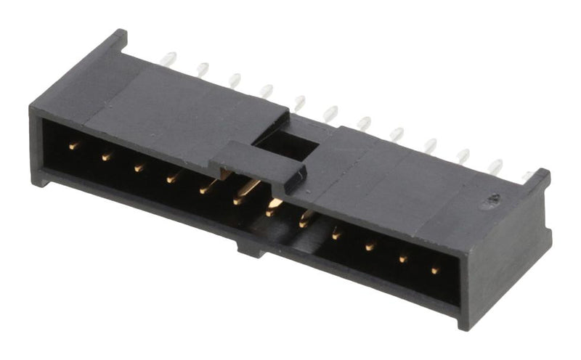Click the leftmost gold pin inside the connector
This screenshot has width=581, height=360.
coord(73,145)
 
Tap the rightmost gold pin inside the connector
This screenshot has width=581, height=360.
coord(434,270)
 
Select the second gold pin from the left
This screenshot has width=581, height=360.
coord(106,155)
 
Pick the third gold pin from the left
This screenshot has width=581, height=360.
coord(138,167)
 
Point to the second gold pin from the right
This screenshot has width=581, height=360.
coord(402,258)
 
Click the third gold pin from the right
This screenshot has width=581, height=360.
coord(370,247)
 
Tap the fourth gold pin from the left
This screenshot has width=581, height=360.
coord(171,177)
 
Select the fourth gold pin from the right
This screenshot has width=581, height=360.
coord(337,234)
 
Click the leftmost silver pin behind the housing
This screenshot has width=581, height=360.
coord(169,57)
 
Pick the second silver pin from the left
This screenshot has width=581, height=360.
coord(203,69)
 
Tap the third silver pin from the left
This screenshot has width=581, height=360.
coord(235,79)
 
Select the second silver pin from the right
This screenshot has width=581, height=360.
coord(496,166)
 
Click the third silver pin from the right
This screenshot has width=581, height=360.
coord(463,155)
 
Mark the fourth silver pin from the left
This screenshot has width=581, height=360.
coord(267,90)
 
